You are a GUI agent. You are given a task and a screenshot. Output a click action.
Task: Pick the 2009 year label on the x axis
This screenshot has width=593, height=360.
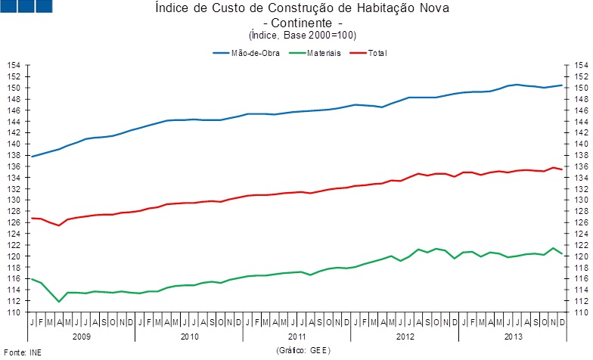(x=81, y=335)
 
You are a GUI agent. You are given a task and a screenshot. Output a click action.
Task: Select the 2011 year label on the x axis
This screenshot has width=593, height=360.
(x=296, y=335)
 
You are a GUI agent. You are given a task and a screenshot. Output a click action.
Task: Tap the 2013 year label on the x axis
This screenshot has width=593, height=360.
(x=511, y=335)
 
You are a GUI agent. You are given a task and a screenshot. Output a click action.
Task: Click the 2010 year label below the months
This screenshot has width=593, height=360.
(x=188, y=335)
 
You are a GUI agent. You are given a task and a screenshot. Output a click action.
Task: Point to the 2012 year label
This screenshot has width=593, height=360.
(x=403, y=335)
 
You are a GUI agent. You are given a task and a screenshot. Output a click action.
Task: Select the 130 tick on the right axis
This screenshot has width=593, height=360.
(x=579, y=200)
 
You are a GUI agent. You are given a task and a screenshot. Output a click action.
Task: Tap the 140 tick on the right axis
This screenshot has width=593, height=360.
(x=579, y=144)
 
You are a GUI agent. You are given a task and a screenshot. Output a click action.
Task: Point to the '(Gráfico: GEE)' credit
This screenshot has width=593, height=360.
(x=303, y=352)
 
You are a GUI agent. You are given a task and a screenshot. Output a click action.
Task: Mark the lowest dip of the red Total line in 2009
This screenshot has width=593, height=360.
(x=59, y=225)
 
